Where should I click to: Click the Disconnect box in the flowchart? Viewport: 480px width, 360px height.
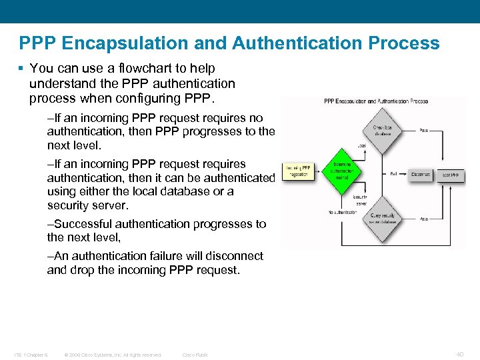coord(421,174)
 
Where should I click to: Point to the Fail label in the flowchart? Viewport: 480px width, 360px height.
coord(394,173)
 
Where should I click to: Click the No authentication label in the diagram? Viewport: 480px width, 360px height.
coord(343,212)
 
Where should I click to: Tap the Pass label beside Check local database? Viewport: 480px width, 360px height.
coord(424,130)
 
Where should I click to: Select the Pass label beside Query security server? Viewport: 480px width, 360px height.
coord(424,219)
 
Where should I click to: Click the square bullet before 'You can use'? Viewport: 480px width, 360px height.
coord(22,69)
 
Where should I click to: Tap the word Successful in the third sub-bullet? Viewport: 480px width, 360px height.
coord(84,224)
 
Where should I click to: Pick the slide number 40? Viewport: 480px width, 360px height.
coord(460,354)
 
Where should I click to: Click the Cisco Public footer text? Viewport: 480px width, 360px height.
coord(195,355)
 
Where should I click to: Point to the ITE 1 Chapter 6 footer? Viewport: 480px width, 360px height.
coord(31,355)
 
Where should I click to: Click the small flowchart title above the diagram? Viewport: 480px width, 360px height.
coord(375,101)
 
